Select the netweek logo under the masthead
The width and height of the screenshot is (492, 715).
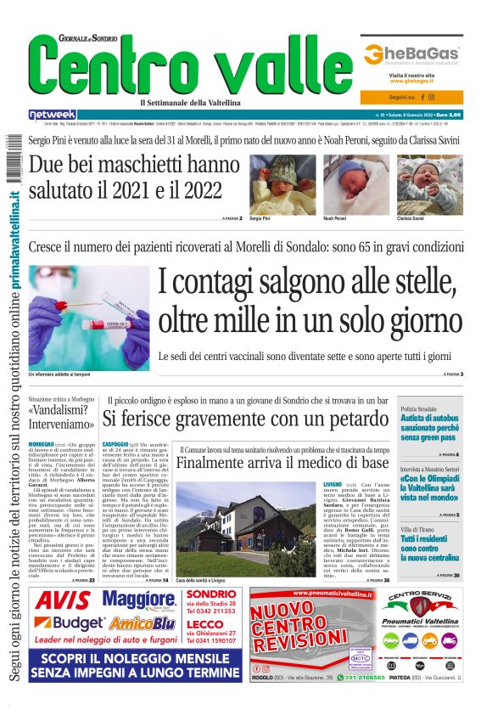pyautogui.click(x=52, y=114)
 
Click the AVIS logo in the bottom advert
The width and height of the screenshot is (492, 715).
pyautogui.click(x=63, y=601)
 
